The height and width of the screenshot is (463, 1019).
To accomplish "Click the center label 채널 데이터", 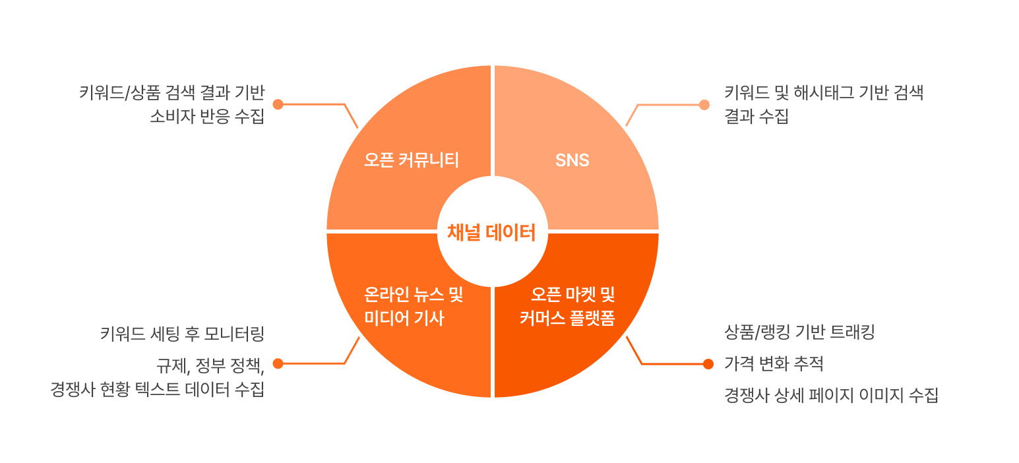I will click(491, 233).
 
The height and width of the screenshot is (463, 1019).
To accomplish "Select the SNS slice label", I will click(572, 160).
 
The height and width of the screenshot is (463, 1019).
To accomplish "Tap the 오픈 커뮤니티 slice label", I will click(412, 160).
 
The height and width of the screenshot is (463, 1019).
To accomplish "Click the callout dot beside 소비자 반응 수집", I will click(278, 104).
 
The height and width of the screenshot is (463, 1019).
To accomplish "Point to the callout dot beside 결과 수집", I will click(704, 104).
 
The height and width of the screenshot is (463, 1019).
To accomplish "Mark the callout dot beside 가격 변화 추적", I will click(708, 363).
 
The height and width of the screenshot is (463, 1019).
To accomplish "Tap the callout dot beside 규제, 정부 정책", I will click(278, 363).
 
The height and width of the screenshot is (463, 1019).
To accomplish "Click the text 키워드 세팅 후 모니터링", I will click(182, 334).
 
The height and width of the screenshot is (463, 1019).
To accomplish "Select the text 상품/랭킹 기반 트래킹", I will click(799, 332).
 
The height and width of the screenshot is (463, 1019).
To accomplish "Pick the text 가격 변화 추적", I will click(774, 363).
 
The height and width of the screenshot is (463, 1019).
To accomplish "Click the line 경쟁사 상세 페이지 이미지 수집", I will click(831, 395).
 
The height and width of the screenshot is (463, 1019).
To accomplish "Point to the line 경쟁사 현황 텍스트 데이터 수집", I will click(157, 390).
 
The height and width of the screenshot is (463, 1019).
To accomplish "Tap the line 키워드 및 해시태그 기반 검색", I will click(823, 93).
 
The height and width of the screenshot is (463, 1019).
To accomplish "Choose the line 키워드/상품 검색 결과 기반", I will click(171, 93).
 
